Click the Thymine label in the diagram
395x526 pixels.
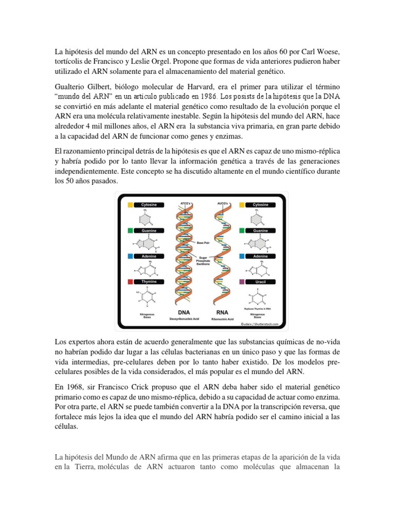point(149,281)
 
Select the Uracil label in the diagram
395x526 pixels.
point(260,281)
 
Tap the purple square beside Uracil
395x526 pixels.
point(242,281)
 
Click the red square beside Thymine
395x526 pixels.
point(130,281)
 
